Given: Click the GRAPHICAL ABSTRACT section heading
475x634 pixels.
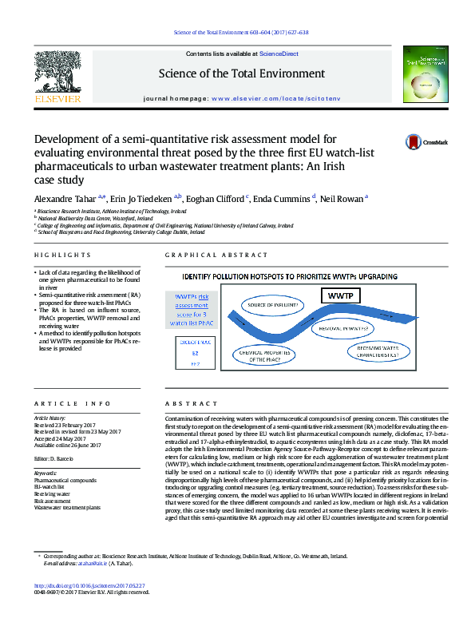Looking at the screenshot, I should [x=216, y=255].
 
